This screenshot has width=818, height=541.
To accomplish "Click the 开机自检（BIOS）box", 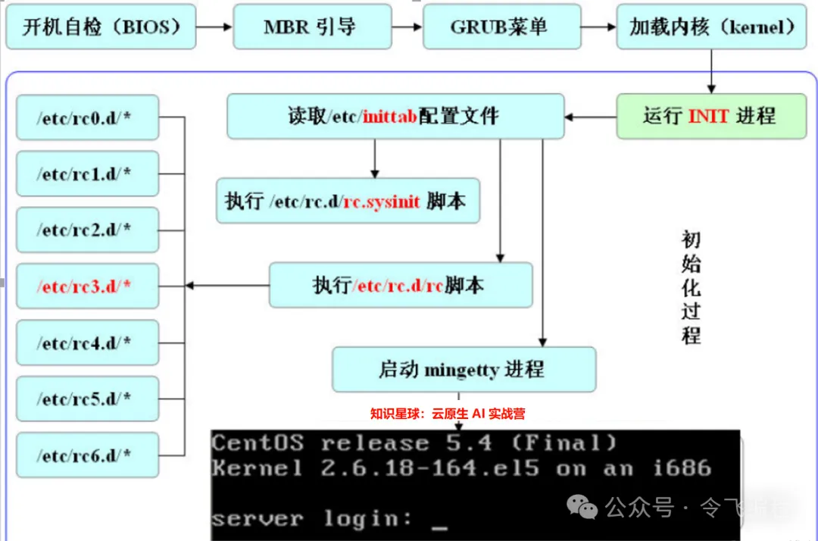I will pyautogui.click(x=101, y=27).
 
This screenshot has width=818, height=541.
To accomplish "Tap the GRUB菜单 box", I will pyautogui.click(x=499, y=27).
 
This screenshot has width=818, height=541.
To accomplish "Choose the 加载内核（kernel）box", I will pyautogui.click(x=713, y=27).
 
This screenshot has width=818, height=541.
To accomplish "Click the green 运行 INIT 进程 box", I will pyautogui.click(x=710, y=116).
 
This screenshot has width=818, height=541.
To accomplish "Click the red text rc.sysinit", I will pyautogui.click(x=382, y=202).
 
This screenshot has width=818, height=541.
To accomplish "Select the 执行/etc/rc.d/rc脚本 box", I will pyautogui.click(x=400, y=286).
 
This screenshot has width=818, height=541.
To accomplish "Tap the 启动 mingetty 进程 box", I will pyautogui.click(x=463, y=370).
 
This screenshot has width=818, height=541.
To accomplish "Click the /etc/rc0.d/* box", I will pyautogui.click(x=87, y=117).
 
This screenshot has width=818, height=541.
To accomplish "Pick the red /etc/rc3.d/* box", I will pyautogui.click(x=87, y=286).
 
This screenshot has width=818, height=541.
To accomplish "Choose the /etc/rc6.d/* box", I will pyautogui.click(x=87, y=455).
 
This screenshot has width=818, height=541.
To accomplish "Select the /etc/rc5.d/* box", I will pyautogui.click(x=87, y=399).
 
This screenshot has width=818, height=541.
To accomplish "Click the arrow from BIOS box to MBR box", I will pyautogui.click(x=214, y=27).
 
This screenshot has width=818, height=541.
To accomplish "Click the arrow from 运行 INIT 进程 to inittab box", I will pyautogui.click(x=591, y=117).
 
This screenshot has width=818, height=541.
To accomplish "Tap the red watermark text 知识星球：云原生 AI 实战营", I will pyautogui.click(x=447, y=414).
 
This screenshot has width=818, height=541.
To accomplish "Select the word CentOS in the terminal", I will pyautogui.click(x=258, y=442).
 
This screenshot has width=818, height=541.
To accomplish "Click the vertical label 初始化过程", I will pyautogui.click(x=691, y=288).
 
